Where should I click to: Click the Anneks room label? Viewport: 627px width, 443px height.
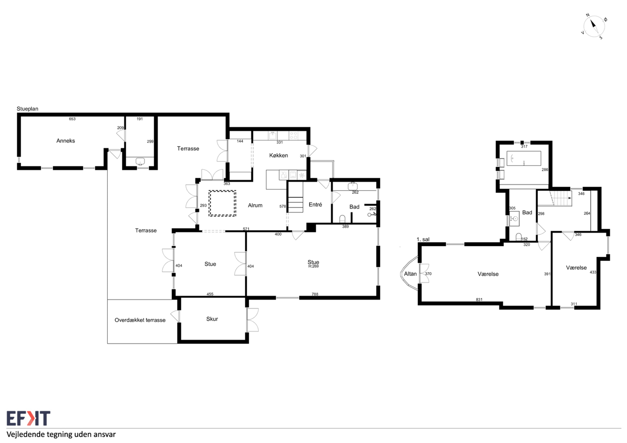(x=66, y=140)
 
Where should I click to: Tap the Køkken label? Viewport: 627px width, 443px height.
(x=279, y=155)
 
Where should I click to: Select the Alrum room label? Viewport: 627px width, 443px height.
(x=255, y=205)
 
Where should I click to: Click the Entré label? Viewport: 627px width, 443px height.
(x=315, y=205)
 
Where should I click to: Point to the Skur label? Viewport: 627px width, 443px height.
(x=212, y=319)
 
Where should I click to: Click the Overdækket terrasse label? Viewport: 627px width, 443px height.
(x=140, y=320)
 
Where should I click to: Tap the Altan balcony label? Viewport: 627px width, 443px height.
(x=410, y=274)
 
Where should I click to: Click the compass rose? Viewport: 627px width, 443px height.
(x=594, y=26)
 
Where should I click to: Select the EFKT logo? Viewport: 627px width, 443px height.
(x=28, y=418)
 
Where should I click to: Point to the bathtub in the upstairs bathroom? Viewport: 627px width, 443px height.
(x=524, y=158)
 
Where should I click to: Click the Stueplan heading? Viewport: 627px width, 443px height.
(x=27, y=109)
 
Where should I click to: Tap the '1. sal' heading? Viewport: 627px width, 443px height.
(x=423, y=239)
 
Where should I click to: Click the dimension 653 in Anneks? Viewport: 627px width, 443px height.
(x=72, y=119)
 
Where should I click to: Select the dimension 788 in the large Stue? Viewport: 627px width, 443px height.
(x=315, y=294)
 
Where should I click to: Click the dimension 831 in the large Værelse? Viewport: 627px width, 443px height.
(x=479, y=300)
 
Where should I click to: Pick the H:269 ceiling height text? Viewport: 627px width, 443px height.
(x=313, y=266)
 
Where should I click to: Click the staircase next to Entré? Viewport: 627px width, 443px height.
(x=295, y=197)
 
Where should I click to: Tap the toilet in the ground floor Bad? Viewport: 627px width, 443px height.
(x=342, y=219)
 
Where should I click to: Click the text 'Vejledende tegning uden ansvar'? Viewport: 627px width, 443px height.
(x=61, y=434)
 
